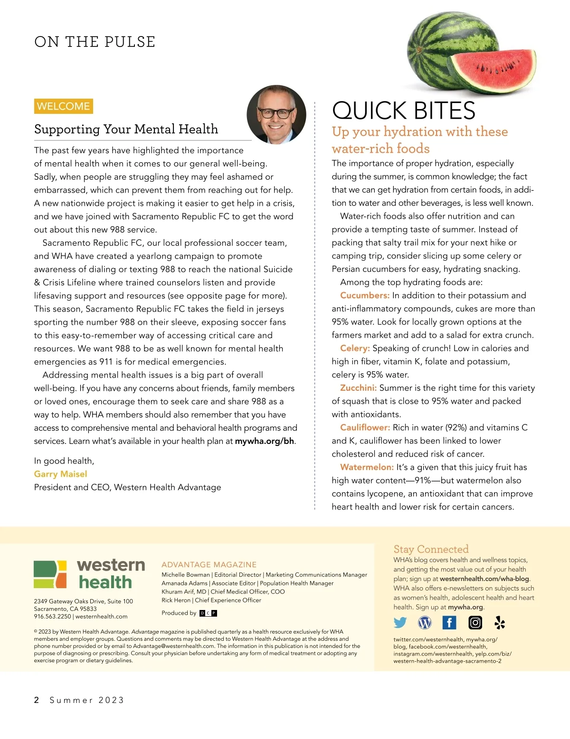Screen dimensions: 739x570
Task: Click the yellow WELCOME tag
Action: tap(63, 106)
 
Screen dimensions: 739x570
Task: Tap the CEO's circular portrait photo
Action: tap(276, 114)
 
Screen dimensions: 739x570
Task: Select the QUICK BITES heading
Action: tap(403, 111)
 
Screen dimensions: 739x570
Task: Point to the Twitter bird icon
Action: tap(400, 622)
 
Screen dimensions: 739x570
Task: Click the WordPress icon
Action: tap(425, 622)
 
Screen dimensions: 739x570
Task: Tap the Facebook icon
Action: tap(449, 622)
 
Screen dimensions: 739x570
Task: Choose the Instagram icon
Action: tap(475, 622)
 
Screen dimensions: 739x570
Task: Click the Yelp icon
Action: tap(500, 622)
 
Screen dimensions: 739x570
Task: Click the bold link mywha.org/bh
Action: tap(265, 441)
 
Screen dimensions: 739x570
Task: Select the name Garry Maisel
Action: tap(60, 474)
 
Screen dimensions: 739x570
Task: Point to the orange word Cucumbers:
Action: tap(365, 296)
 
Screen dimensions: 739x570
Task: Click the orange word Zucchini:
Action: tap(359, 388)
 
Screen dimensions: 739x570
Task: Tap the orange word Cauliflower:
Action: tap(365, 428)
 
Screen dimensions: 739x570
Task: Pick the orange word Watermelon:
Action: tap(367, 467)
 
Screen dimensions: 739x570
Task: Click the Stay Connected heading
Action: tap(431, 549)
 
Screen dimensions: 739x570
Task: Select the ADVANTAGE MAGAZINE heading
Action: tap(209, 564)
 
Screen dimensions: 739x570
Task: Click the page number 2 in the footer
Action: tap(37, 700)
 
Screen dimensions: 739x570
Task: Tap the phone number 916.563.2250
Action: tap(52, 617)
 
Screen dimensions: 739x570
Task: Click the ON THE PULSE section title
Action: tap(95, 42)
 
